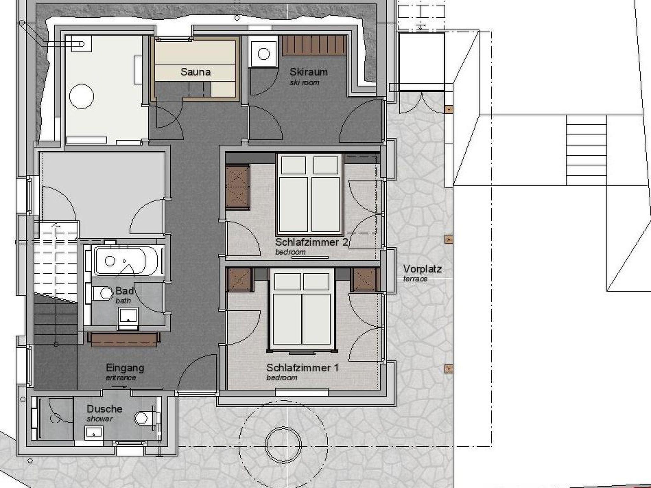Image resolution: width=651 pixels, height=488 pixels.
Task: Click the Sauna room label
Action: [x=195, y=72]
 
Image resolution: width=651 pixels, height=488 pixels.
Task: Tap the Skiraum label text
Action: [x=308, y=72]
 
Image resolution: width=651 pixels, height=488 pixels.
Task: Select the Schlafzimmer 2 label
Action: [x=312, y=242]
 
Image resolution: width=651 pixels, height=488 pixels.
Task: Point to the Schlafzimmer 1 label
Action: [x=302, y=368]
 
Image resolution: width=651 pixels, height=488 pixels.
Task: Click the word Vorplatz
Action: [x=422, y=269]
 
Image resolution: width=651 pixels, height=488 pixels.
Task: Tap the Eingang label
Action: [x=125, y=368]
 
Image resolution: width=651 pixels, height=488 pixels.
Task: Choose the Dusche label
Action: [x=105, y=409]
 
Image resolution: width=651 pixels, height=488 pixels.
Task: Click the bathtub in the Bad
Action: [x=126, y=261]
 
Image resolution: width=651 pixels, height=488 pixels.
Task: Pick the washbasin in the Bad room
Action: [x=128, y=318]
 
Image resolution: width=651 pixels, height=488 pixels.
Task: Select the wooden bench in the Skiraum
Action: [x=314, y=45]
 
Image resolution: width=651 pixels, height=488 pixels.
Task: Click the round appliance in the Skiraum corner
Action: [x=263, y=54]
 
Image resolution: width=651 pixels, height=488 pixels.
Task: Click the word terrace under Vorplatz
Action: [x=415, y=279]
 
